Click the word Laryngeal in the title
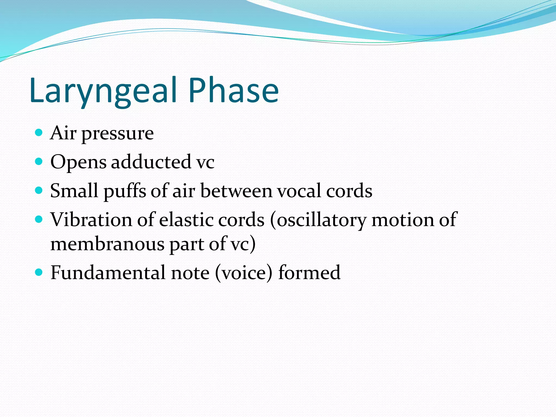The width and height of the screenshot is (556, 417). pyautogui.click(x=103, y=91)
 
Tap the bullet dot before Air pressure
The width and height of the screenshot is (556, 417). pyautogui.click(x=39, y=133)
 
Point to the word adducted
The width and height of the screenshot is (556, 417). pyautogui.click(x=151, y=162)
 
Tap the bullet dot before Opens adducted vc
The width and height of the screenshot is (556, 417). pyautogui.click(x=39, y=162)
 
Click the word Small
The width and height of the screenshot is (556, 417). pyautogui.click(x=74, y=191)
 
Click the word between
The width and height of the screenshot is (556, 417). pyautogui.click(x=236, y=191)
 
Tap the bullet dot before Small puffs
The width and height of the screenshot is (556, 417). pyautogui.click(x=39, y=191)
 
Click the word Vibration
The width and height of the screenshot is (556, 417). pyautogui.click(x=91, y=219)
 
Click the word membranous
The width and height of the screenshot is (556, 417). pyautogui.click(x=107, y=244)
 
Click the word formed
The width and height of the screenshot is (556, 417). pyautogui.click(x=309, y=273)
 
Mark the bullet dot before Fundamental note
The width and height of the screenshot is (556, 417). pyautogui.click(x=39, y=272)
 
